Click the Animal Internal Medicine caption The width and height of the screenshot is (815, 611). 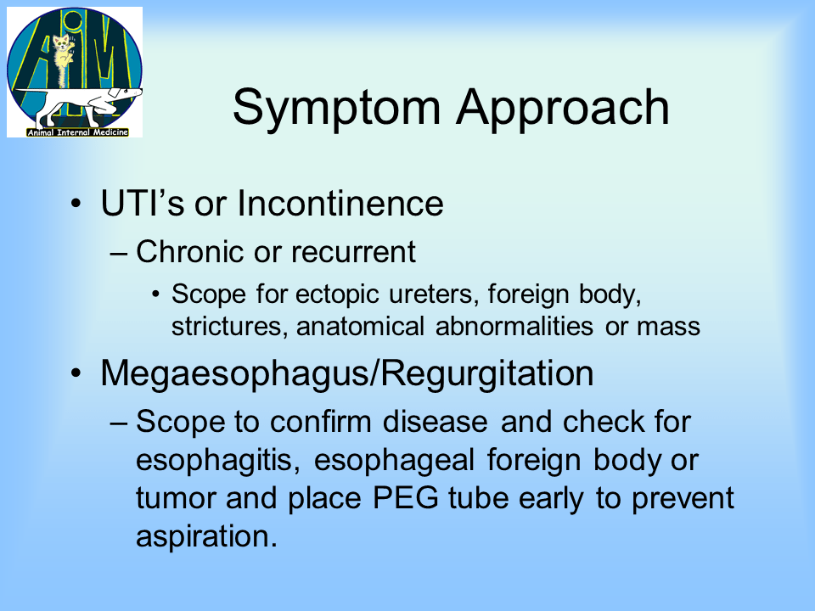tap(77, 132)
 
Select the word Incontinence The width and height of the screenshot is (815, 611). tap(340, 203)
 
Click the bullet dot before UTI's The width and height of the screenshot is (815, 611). tap(76, 203)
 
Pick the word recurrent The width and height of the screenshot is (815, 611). tap(353, 252)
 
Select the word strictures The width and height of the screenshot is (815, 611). tap(229, 326)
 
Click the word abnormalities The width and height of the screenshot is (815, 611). tap(514, 326)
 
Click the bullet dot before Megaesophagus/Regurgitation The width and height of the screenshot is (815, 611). tap(76, 373)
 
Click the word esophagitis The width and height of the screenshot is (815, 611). tap(218, 461)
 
